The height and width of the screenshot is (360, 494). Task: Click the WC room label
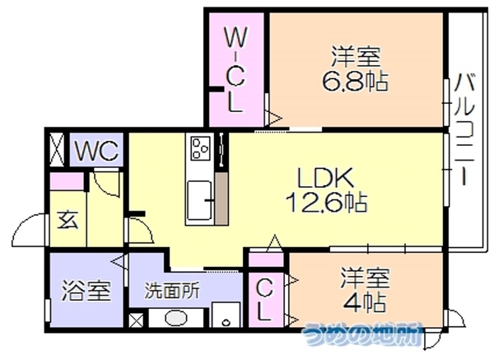click(x=97, y=151)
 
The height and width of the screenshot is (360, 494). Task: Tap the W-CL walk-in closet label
click(x=235, y=69)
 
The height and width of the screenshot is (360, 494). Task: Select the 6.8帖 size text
click(x=355, y=81)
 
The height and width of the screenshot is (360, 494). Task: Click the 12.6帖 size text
click(x=326, y=202)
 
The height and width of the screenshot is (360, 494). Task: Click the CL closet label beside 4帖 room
click(x=263, y=300)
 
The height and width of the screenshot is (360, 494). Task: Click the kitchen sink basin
click(x=200, y=200)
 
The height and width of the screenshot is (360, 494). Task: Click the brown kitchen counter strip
click(x=221, y=199)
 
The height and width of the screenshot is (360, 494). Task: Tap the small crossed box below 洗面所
click(x=136, y=320)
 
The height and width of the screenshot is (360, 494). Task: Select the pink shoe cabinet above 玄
click(x=68, y=181)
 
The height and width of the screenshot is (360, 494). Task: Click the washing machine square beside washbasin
click(x=226, y=315)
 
